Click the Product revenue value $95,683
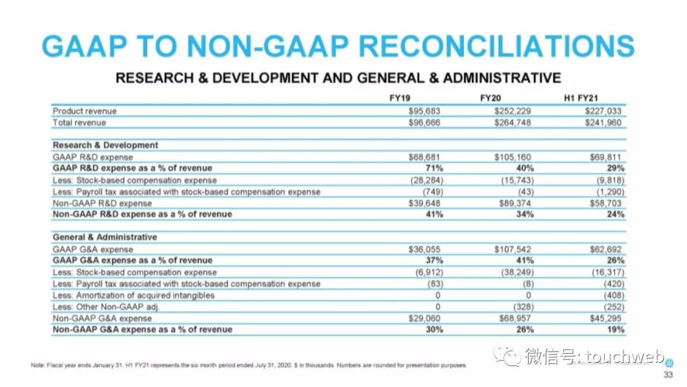coord(424,111)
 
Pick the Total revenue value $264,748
coord(513,122)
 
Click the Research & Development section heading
coord(105,145)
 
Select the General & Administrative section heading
coord(104,237)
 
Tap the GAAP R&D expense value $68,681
coord(424,157)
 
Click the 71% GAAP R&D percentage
coord(434,168)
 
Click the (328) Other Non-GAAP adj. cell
coord(521,307)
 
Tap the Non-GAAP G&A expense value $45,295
coord(605,318)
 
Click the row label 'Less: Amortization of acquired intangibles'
coord(134,295)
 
